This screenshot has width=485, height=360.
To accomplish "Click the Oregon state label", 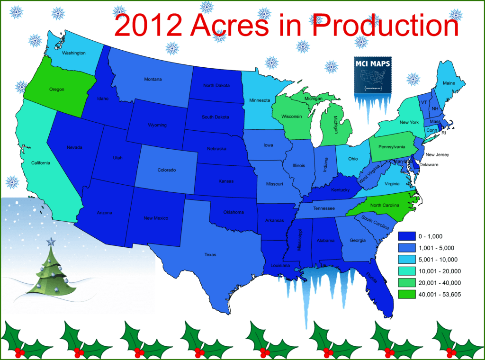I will pos(56,89).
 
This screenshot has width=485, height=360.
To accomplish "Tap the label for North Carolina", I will pos(386,205).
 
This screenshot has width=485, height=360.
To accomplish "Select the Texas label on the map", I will pos(210,255).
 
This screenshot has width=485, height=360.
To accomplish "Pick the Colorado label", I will pos(167,170).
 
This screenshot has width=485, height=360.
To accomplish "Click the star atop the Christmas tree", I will pos(51,243).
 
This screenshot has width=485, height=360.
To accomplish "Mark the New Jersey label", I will pos(437,154).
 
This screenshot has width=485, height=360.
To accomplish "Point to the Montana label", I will pos(153,79).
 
